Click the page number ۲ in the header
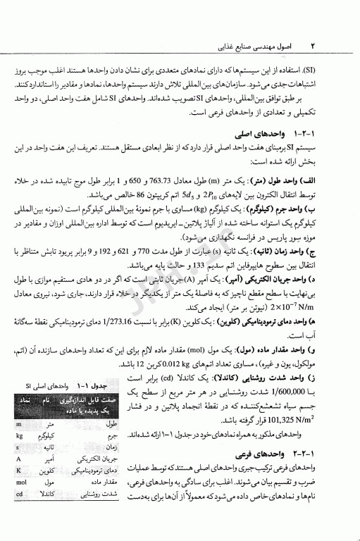311,45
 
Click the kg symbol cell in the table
19,435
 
